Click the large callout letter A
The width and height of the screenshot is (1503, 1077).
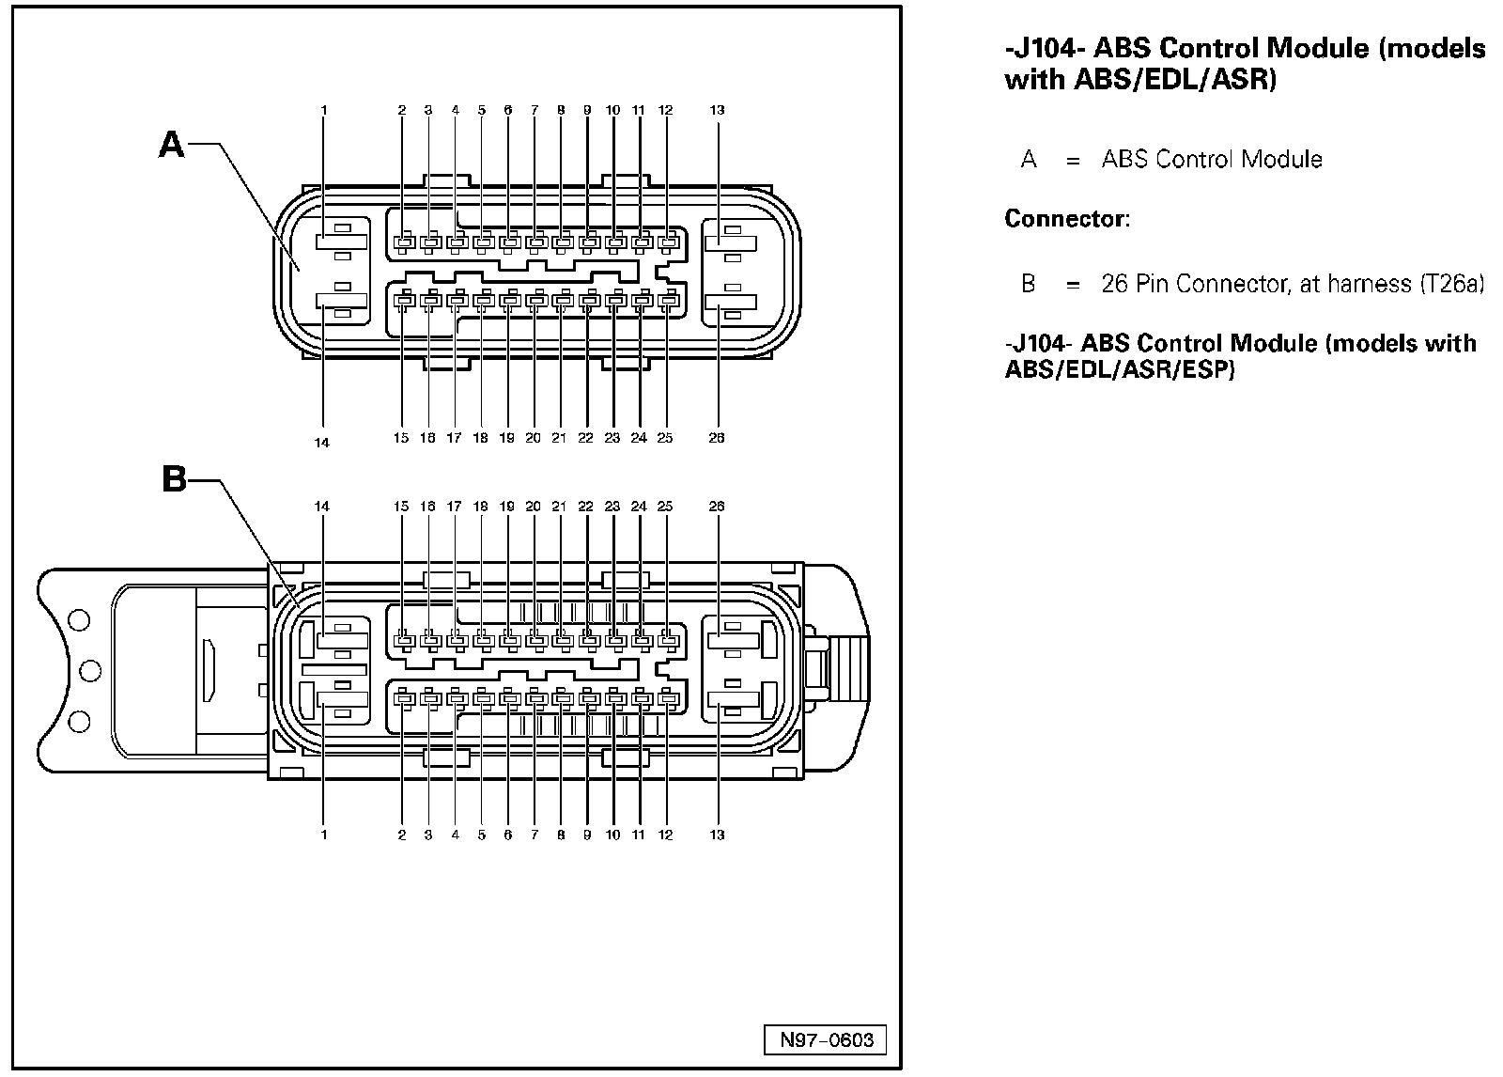tap(172, 144)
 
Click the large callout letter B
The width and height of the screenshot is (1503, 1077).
tap(175, 479)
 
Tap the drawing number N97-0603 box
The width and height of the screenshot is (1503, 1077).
tap(827, 1039)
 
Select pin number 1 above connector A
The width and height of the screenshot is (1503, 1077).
tap(324, 110)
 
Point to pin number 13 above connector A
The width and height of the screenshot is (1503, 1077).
tap(717, 110)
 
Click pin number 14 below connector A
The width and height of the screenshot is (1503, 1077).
tap(322, 443)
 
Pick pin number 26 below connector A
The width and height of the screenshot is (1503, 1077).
tap(717, 438)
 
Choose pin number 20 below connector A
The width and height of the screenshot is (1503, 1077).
tap(534, 438)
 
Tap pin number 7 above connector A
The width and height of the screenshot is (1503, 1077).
tap(535, 110)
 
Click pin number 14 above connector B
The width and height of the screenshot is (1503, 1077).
tap(322, 507)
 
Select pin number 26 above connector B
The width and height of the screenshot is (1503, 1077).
tap(717, 507)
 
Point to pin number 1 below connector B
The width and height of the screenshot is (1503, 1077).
tap(324, 835)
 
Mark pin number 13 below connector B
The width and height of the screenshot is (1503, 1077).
tap(717, 835)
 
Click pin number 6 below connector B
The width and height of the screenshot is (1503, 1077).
tap(508, 835)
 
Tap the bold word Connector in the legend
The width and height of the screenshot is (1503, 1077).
tap(1064, 219)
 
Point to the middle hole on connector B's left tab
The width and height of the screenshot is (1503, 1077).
tap(91, 670)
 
